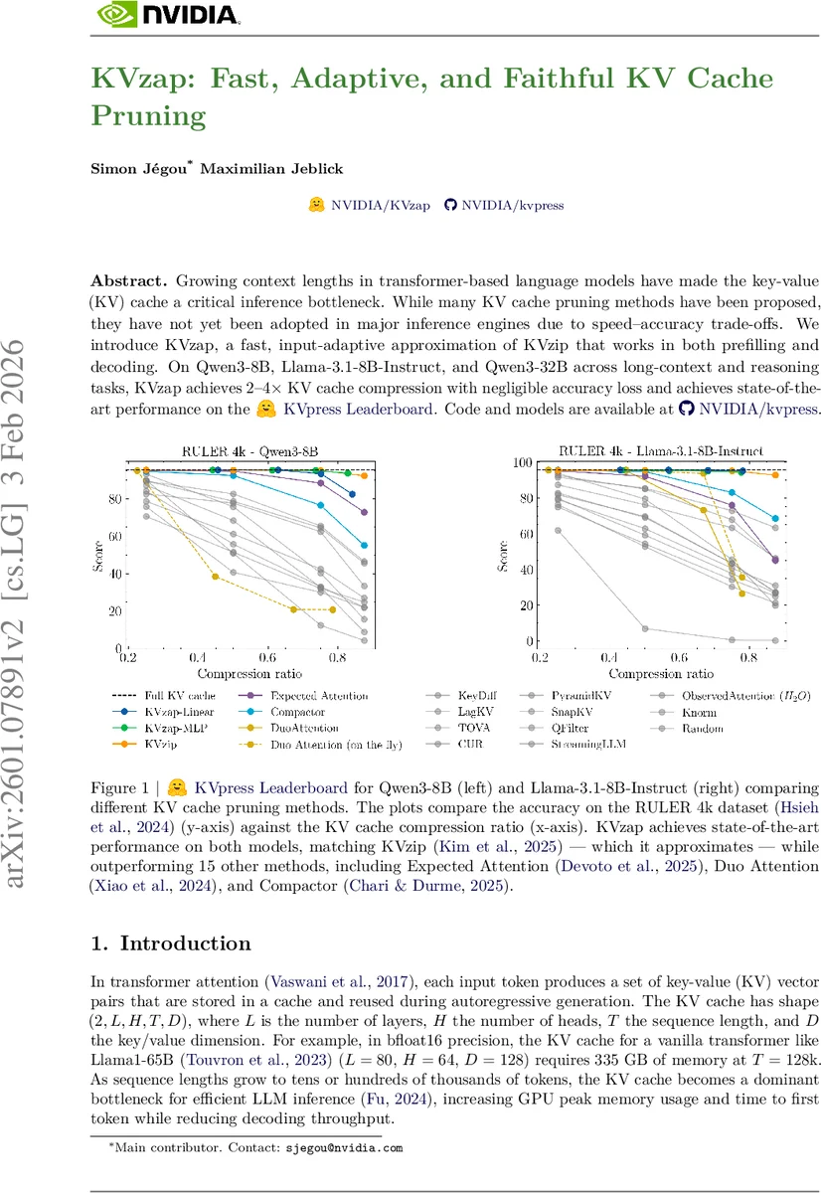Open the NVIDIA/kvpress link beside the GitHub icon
tap(512, 205)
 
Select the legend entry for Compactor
tap(297, 712)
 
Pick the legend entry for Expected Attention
tap(319, 696)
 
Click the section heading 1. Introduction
tap(171, 943)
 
